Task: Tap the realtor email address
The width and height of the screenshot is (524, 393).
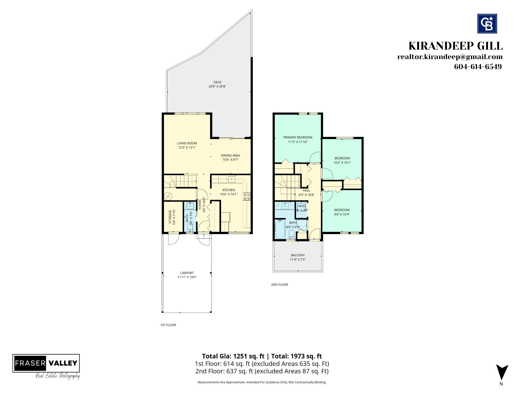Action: [x=450, y=57]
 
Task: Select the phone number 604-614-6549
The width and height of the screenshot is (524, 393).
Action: [x=478, y=67]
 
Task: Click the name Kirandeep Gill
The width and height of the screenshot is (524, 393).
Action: [x=455, y=46]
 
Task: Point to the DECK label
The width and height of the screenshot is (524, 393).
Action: [x=217, y=82]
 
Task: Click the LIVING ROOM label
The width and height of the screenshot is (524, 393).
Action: [x=187, y=143]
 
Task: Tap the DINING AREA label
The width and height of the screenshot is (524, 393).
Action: [x=231, y=155]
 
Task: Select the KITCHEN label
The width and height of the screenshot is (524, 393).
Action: [x=229, y=190]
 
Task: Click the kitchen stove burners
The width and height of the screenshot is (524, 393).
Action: [x=247, y=196]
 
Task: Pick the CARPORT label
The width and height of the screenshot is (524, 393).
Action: [x=187, y=273]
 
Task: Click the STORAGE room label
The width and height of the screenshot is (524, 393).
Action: [x=170, y=217]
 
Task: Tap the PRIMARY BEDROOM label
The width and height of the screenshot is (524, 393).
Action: [x=298, y=137]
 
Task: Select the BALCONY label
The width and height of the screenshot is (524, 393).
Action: [x=298, y=255]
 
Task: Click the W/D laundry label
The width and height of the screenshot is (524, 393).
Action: [x=301, y=206]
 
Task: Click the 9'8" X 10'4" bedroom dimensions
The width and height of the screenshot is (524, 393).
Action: [x=342, y=214]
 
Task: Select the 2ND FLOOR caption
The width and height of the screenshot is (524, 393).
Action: [x=280, y=285]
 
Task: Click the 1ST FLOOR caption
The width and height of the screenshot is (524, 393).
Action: [x=168, y=325]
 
